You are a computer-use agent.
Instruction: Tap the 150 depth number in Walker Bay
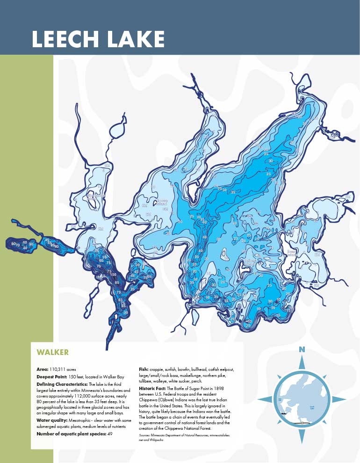click(113, 275)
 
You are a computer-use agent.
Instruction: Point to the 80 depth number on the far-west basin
click(13, 244)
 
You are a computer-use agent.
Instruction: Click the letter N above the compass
click(302, 349)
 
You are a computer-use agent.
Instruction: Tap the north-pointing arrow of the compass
click(302, 362)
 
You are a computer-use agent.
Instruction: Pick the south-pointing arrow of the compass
click(302, 435)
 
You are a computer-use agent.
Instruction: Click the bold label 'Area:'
click(42, 369)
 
